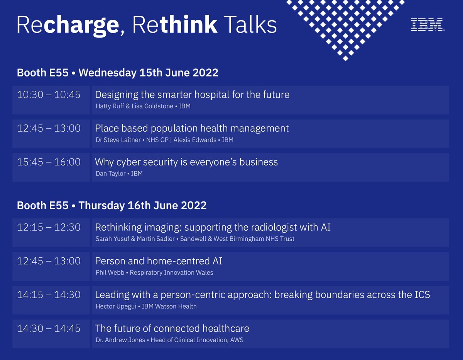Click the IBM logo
click(427, 25)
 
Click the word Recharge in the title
click(68, 25)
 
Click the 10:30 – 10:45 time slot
click(49, 95)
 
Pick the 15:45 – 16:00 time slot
click(49, 162)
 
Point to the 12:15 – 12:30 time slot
click(49, 227)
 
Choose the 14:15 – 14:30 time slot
click(49, 295)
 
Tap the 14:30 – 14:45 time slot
click(49, 328)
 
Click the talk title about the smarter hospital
click(192, 95)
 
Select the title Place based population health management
click(192, 128)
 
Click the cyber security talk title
click(186, 162)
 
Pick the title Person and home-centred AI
click(159, 261)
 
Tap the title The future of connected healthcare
click(172, 328)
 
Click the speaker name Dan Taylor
click(111, 174)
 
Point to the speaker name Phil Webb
click(110, 273)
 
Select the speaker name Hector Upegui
click(116, 306)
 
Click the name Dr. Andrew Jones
click(120, 340)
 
